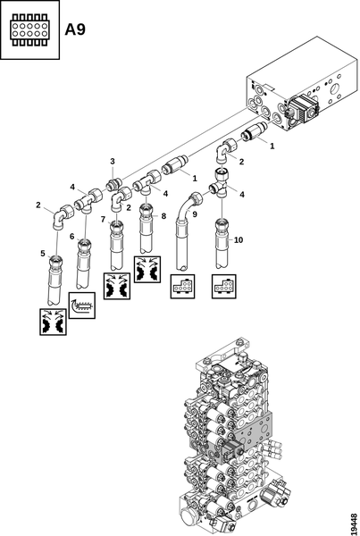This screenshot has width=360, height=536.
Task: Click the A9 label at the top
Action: [75, 29]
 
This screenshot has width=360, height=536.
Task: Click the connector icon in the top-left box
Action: [29, 29]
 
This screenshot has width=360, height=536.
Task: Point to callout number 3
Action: [113, 161]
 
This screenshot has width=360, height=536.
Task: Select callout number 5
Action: [43, 254]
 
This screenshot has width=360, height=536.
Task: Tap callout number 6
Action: [71, 237]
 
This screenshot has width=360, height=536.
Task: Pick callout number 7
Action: [103, 219]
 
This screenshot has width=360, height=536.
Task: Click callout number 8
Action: [163, 216]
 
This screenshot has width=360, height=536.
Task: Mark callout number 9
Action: [195, 214]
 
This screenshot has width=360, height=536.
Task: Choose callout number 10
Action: [239, 240]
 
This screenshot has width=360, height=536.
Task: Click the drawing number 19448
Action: [354, 523]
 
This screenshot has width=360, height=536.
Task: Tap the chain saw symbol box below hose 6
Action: [82, 306]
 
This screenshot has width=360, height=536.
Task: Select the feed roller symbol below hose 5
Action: [53, 322]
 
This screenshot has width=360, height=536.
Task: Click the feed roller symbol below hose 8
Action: [147, 270]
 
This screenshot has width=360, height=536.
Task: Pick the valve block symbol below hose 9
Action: [182, 287]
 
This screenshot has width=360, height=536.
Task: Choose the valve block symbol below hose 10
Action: [224, 287]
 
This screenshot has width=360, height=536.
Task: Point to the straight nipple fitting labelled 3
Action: [113, 185]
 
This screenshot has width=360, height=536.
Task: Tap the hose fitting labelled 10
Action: [222, 243]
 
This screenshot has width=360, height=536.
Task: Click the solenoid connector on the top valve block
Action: [304, 109]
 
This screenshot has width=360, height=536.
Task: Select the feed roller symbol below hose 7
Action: [117, 286]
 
